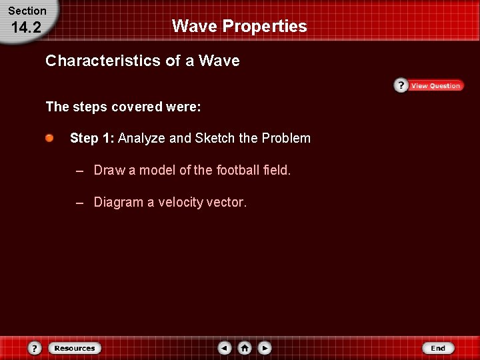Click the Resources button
75,348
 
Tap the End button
438,348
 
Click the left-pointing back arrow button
225,348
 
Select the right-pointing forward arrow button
265,348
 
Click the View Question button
435,86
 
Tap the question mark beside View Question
401,85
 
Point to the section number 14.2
26,27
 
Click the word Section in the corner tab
27,11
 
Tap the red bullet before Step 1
50,138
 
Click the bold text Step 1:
92,138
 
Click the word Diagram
117,202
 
